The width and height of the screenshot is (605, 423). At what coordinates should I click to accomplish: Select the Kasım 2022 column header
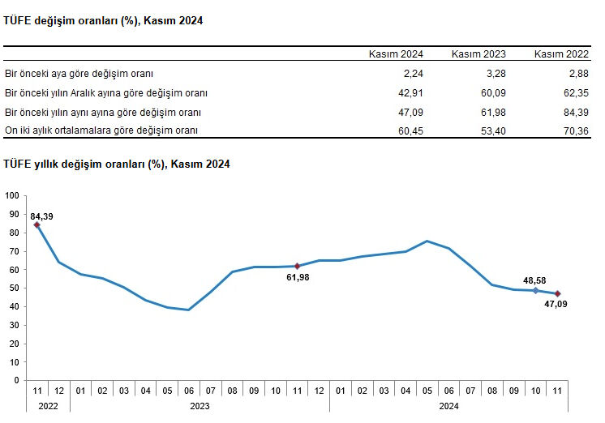[561, 54]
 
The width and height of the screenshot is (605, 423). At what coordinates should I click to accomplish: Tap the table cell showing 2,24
[414, 73]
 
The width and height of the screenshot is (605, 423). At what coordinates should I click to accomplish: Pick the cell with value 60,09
[493, 92]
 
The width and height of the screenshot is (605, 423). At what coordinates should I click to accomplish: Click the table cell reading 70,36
[575, 130]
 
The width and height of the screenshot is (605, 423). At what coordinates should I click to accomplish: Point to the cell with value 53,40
[493, 130]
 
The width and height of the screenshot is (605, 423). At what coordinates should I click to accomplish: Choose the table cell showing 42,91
[410, 92]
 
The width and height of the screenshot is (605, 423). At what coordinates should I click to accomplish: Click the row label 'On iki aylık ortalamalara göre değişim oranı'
[101, 130]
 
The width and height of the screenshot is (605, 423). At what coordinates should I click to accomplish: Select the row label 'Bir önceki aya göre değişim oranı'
[79, 73]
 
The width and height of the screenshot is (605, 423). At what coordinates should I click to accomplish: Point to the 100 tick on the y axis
[12, 195]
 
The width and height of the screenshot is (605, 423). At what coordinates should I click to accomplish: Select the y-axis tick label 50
[15, 288]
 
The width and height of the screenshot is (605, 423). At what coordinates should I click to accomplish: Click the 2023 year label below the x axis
[200, 405]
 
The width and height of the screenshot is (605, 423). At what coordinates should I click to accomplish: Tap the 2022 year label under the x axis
[48, 405]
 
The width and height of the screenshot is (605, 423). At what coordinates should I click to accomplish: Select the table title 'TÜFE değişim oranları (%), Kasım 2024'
[103, 19]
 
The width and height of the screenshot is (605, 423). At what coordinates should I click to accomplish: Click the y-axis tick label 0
[17, 380]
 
